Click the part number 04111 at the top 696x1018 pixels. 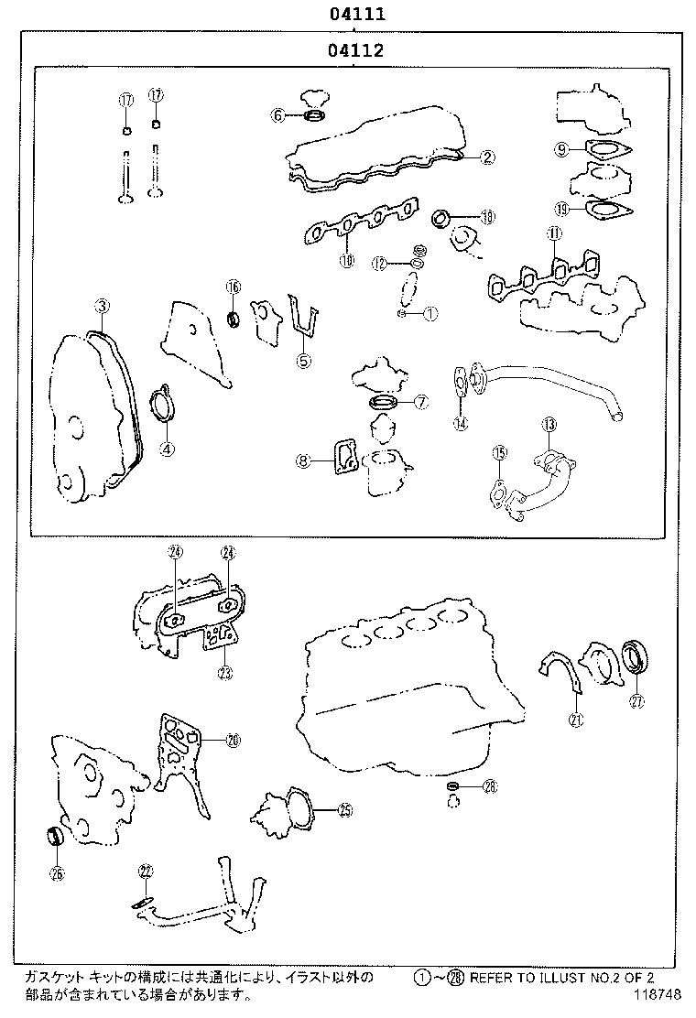point(352,15)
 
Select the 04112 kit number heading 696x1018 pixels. point(352,51)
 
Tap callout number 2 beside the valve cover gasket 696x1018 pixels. point(488,157)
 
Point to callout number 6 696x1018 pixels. point(277,115)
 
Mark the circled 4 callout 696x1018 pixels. point(166,449)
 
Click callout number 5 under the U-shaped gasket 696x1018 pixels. point(303,360)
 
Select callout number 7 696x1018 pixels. point(420,401)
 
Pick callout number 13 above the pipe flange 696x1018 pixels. point(549,424)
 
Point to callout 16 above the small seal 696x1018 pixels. point(233,287)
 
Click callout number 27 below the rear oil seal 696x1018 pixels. point(636,702)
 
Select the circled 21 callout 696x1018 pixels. point(575,719)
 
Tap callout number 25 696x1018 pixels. point(344,808)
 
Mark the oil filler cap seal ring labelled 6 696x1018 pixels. point(313,115)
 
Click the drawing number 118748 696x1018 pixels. point(655,993)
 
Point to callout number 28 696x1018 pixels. point(490,786)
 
